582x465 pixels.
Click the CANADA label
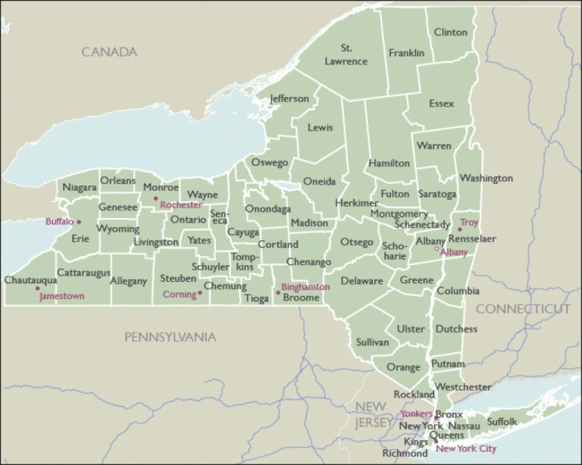click(x=109, y=52)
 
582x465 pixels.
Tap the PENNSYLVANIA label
click(x=171, y=337)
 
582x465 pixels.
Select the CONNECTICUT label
click(x=523, y=309)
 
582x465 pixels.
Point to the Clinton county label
click(x=450, y=32)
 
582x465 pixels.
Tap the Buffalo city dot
click(x=79, y=222)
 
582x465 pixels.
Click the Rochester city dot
click(x=156, y=199)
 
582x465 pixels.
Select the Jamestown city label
click(x=62, y=296)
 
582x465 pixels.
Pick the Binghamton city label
click(x=305, y=287)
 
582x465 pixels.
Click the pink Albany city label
click(x=454, y=253)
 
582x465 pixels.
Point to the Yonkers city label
click(x=416, y=414)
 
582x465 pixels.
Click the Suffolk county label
click(x=502, y=421)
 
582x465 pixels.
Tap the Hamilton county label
click(x=389, y=163)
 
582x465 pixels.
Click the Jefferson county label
click(x=289, y=98)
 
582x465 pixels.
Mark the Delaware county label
click(x=361, y=281)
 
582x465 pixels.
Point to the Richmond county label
click(x=405, y=454)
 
